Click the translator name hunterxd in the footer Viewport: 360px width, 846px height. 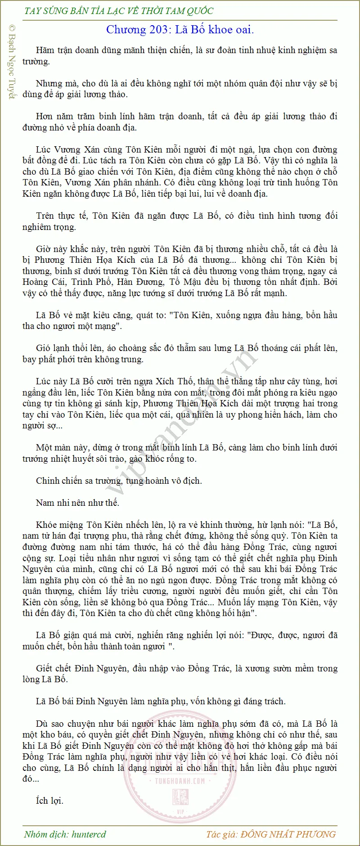pos(89,834)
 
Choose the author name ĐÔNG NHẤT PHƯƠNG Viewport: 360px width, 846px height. pos(288,834)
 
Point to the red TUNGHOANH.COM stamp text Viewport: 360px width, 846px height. pos(180,781)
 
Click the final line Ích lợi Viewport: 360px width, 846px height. pos(49,801)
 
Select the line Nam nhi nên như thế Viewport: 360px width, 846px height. pos(77,503)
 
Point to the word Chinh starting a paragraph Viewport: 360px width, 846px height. pos(48,481)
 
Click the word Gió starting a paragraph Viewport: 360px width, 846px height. pos(43,348)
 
